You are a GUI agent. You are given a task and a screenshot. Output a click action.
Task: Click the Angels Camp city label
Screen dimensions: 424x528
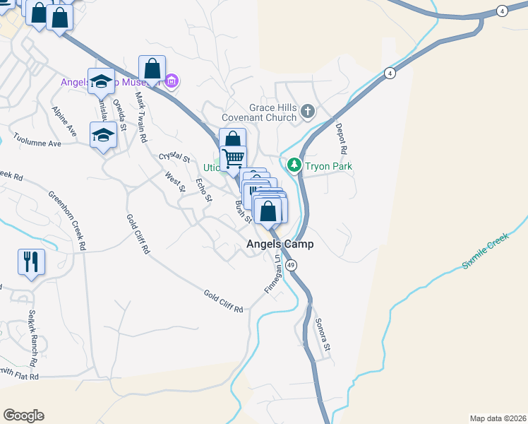click(x=280, y=245)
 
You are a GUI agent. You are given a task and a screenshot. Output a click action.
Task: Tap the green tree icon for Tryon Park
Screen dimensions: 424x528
click(x=294, y=166)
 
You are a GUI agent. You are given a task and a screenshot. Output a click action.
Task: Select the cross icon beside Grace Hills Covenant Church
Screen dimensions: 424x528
click(x=307, y=111)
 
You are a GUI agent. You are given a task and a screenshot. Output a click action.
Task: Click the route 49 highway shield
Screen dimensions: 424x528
click(x=292, y=264)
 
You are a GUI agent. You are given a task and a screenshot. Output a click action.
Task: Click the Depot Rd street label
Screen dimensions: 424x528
click(x=342, y=140)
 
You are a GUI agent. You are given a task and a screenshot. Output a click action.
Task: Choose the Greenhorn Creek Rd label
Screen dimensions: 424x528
click(x=66, y=220)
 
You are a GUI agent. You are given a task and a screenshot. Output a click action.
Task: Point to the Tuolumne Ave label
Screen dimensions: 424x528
click(x=36, y=142)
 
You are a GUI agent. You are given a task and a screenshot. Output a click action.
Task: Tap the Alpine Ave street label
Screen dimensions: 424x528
click(x=63, y=122)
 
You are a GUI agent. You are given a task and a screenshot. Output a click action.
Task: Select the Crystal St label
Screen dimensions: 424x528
click(x=175, y=157)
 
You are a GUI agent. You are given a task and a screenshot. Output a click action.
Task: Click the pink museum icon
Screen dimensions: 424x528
click(x=172, y=83)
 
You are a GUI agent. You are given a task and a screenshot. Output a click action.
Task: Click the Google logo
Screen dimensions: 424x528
click(x=23, y=416)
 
